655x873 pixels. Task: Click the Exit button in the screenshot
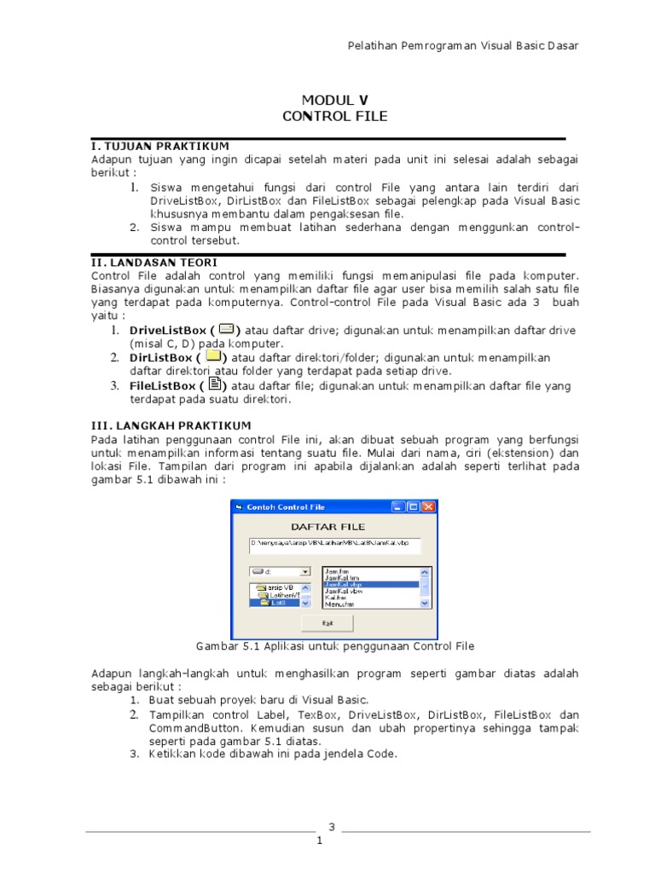point(327,622)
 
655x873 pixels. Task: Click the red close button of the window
point(428,507)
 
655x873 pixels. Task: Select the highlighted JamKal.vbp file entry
point(371,585)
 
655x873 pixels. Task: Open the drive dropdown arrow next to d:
point(305,572)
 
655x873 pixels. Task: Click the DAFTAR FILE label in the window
point(328,526)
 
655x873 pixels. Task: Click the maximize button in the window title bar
point(414,507)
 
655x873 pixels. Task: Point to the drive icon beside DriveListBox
point(226,329)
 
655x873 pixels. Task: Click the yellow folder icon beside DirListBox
point(213,356)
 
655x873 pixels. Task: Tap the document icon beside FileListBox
point(214,385)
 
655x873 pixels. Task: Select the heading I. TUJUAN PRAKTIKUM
point(160,146)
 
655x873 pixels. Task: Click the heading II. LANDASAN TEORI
point(154,262)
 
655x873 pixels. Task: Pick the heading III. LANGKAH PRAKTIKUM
point(171,425)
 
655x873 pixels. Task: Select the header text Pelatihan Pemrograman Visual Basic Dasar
point(464,45)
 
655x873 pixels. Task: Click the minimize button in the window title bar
point(399,507)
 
